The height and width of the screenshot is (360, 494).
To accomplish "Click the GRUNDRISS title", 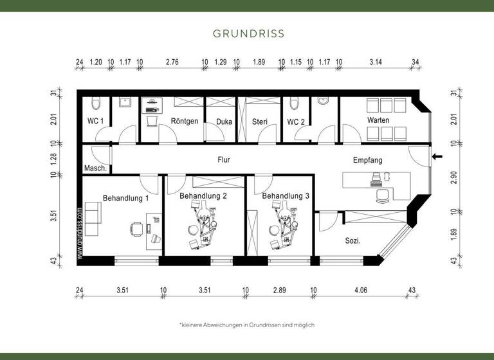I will (248, 33).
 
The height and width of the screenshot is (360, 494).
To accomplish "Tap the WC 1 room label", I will (96, 121).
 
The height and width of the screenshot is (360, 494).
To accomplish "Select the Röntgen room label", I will (185, 121).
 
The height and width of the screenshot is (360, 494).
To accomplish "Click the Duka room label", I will (224, 121).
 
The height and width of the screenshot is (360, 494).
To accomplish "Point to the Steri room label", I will (260, 121).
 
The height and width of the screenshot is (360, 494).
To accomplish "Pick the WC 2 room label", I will (296, 121).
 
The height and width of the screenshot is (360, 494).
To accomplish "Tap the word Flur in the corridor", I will (224, 159).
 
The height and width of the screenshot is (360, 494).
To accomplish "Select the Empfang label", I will (368, 159).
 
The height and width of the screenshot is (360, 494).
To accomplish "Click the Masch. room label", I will (95, 168).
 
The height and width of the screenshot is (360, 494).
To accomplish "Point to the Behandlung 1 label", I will (125, 198).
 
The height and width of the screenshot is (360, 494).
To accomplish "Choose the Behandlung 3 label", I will (286, 195).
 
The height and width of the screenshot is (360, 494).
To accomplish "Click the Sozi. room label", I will (352, 241).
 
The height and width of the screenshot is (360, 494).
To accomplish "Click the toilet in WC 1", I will (95, 104).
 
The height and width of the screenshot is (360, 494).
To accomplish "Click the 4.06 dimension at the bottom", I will (360, 289).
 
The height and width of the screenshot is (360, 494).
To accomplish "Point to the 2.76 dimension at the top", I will (172, 62).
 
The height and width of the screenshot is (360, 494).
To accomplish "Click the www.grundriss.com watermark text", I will (80, 233).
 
